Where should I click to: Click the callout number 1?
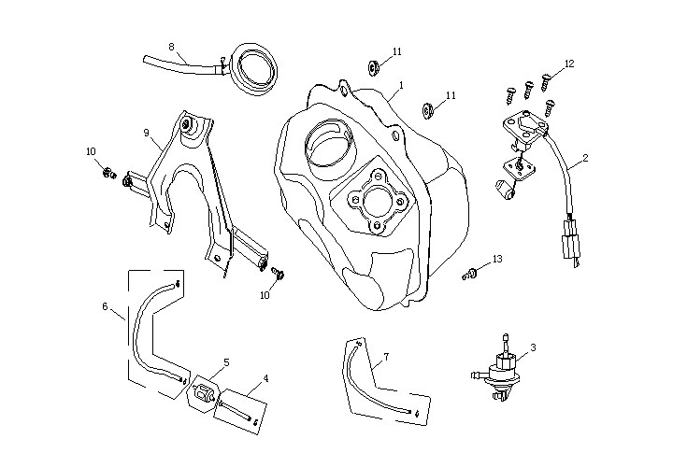point(400,85)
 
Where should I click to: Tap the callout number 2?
point(585,158)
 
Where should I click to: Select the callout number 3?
point(533,347)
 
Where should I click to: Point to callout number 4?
point(265,378)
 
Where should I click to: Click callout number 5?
point(226,361)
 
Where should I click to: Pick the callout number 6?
point(106,305)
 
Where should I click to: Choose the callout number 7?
point(386,357)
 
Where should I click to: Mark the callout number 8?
point(171,46)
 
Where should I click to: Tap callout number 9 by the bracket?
point(146,133)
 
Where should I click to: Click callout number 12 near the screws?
point(569,64)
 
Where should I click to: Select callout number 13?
point(497,258)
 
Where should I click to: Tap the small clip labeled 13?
point(471,274)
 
